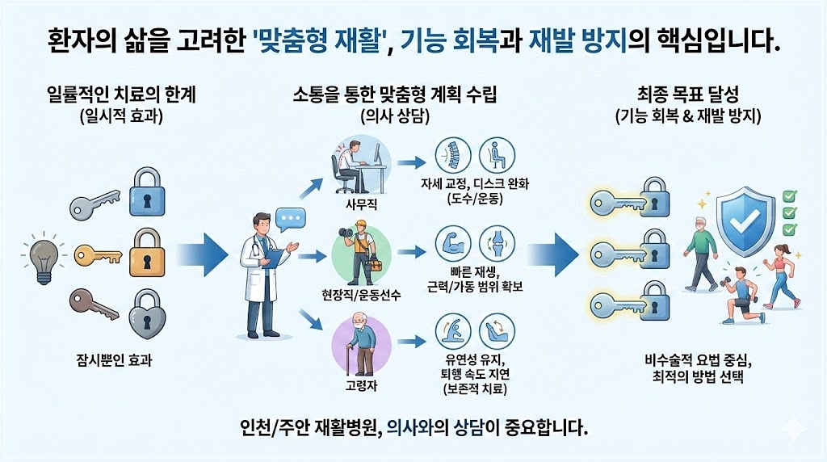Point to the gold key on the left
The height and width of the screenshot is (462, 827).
tap(96, 257)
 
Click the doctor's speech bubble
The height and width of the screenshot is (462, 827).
tap(288, 218)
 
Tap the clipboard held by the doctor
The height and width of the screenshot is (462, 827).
tap(275, 258)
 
